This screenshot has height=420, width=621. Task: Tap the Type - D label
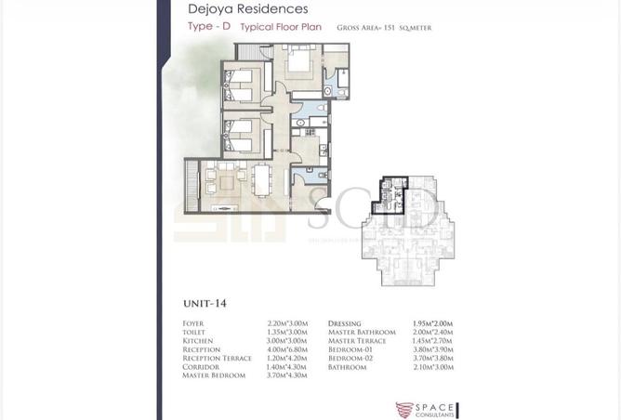click(208, 27)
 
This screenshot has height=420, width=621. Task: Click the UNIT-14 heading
click(205, 303)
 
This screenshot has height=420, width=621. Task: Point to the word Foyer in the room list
click(193, 324)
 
